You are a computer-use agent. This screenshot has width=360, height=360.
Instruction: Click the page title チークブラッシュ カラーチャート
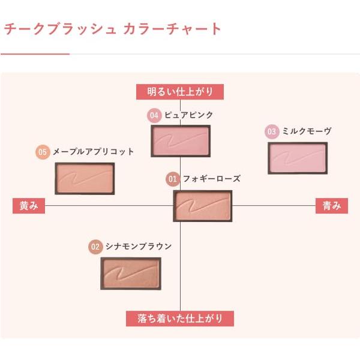click(x=113, y=29)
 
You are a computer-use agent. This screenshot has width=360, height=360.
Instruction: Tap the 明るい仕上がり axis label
click(x=179, y=92)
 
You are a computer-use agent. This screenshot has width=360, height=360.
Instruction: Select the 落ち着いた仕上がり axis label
click(x=179, y=318)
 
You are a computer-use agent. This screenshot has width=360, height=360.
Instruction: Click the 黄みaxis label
click(x=29, y=205)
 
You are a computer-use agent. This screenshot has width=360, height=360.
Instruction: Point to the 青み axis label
click(x=332, y=205)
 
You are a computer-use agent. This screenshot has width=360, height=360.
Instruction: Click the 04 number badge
click(x=154, y=115)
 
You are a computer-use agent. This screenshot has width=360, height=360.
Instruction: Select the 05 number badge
click(x=42, y=152)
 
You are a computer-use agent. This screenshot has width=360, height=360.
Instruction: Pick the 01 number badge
click(x=172, y=179)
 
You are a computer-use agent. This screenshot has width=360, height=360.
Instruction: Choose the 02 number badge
click(x=95, y=247)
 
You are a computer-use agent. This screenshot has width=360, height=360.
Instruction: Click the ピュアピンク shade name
click(x=188, y=115)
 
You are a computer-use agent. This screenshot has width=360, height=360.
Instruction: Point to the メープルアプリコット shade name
click(x=93, y=152)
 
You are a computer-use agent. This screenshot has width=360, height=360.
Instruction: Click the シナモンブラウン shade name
click(x=138, y=247)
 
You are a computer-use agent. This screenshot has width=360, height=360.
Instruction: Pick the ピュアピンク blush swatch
click(x=181, y=141)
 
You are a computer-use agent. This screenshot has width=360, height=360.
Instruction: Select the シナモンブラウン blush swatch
click(x=131, y=273)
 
